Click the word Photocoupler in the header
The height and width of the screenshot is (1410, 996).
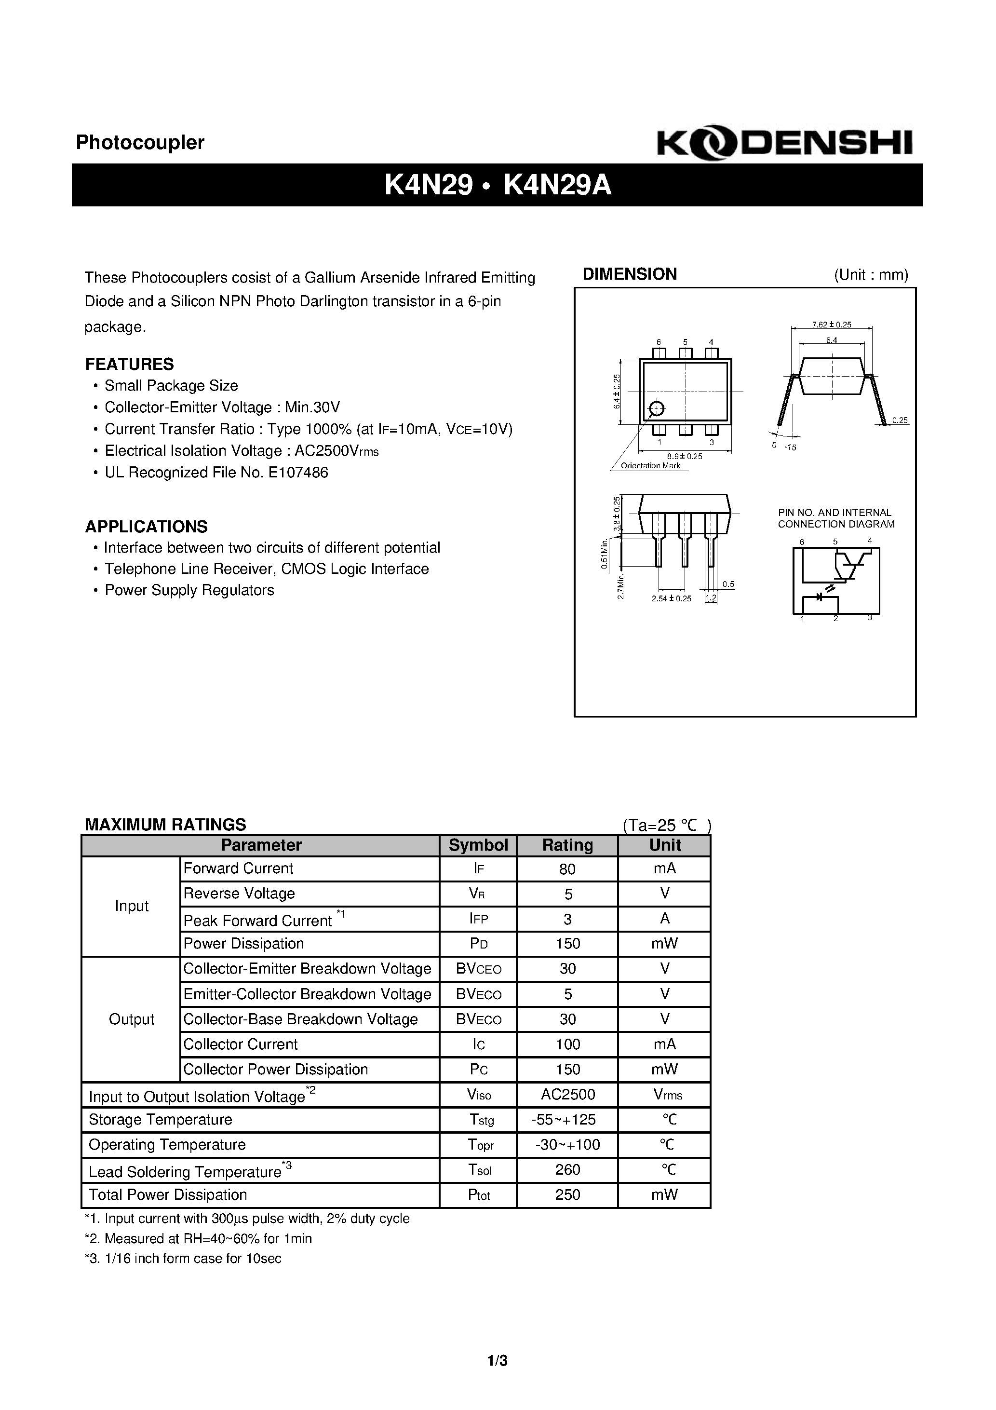click(x=140, y=142)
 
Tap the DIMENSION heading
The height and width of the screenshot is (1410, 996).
click(x=630, y=274)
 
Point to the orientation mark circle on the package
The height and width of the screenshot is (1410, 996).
click(x=657, y=409)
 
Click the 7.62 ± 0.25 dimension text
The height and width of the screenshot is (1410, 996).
click(x=832, y=325)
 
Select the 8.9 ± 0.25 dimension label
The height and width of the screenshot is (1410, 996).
click(x=684, y=456)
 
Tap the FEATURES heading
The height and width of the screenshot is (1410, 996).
click(x=130, y=364)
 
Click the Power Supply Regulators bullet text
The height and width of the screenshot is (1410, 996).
click(x=189, y=590)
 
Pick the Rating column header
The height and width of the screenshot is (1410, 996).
click(x=567, y=846)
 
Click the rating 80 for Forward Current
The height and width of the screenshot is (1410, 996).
click(x=567, y=869)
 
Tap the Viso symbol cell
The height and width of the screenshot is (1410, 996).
click(x=478, y=1095)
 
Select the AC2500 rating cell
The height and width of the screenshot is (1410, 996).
click(x=567, y=1094)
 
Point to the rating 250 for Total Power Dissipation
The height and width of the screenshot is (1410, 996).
click(x=567, y=1195)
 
